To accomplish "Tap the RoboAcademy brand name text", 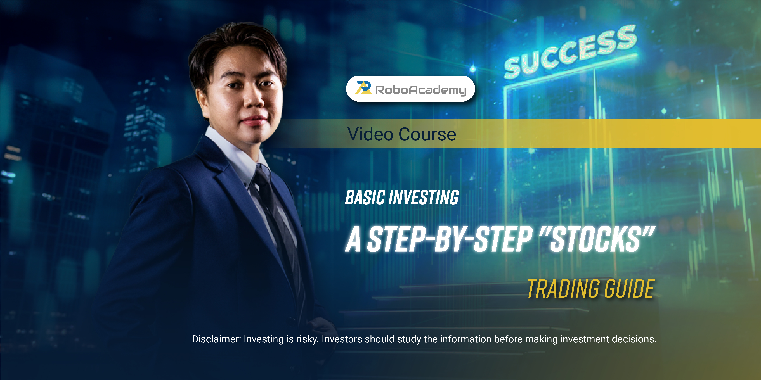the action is pos(421,90).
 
